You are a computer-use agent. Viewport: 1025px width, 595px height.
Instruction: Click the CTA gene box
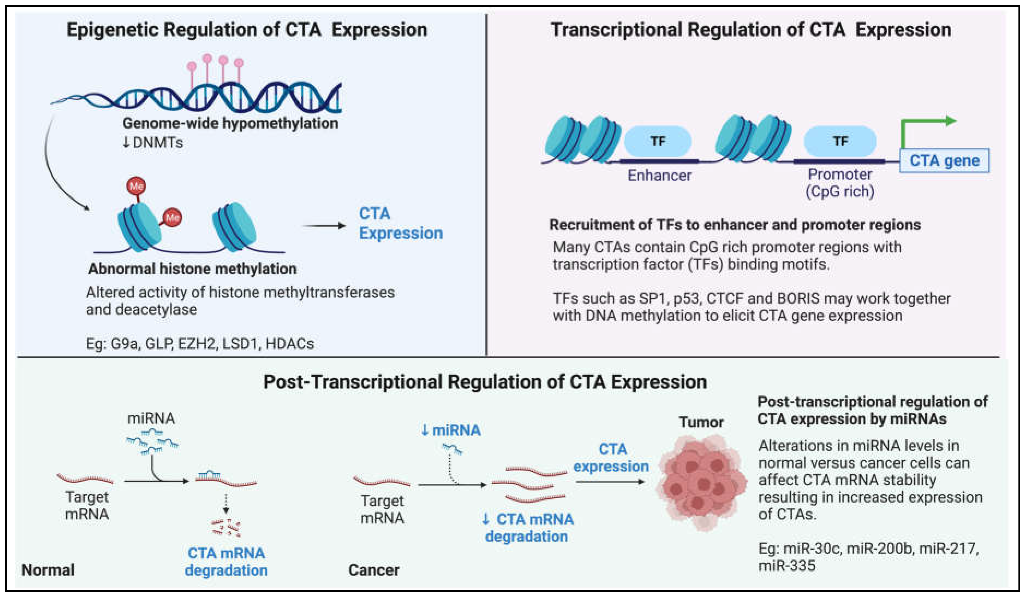click(944, 161)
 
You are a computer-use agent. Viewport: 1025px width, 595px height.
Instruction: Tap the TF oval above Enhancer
click(658, 141)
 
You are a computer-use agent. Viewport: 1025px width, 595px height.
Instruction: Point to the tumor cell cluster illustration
click(702, 482)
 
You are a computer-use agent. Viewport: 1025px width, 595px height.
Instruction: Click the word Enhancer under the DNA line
click(659, 175)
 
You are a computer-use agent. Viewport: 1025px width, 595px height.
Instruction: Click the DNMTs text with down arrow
click(153, 143)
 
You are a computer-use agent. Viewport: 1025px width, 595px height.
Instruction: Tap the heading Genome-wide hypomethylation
click(230, 123)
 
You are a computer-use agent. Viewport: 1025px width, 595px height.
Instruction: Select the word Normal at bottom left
click(48, 570)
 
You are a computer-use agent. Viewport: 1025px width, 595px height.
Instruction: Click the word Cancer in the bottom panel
click(373, 570)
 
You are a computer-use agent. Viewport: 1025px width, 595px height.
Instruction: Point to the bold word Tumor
click(701, 422)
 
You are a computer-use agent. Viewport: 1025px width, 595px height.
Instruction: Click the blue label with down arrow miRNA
click(451, 430)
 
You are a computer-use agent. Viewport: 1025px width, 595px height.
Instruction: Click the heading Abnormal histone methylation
click(192, 269)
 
